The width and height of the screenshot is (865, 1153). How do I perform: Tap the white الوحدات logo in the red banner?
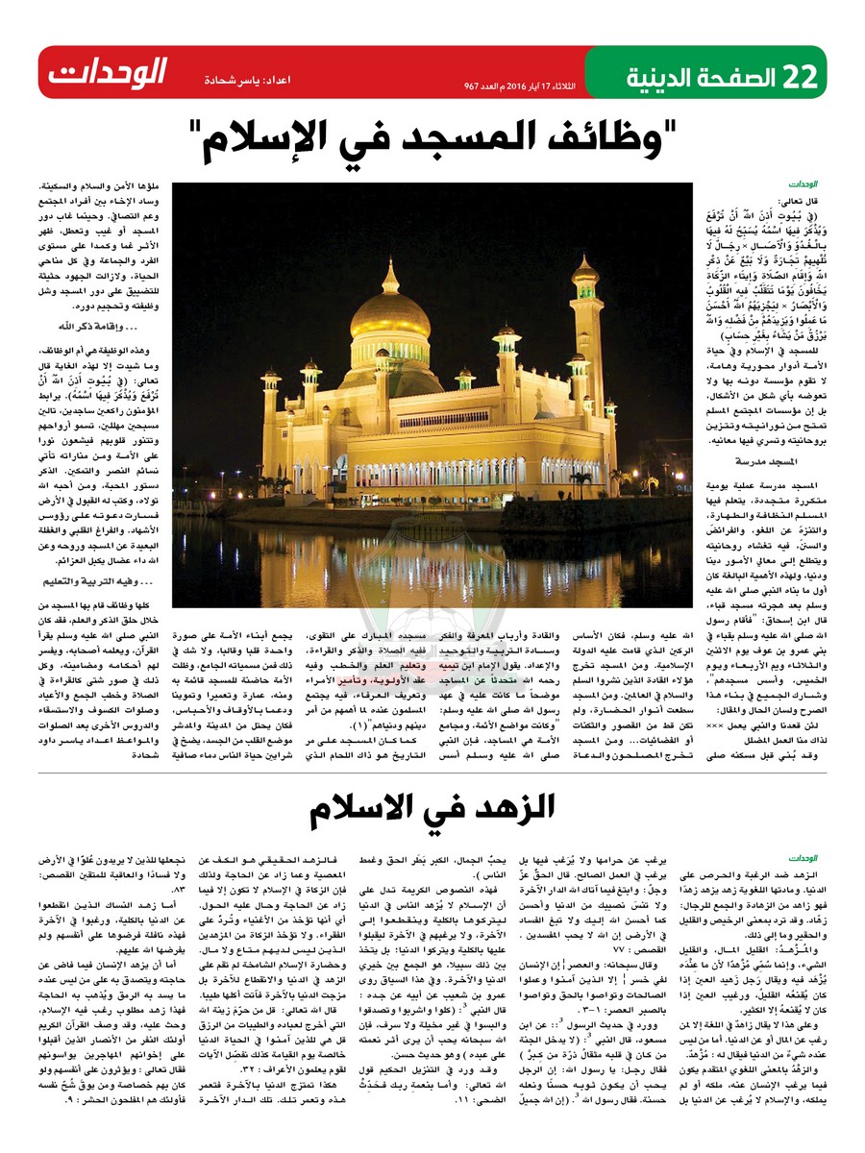tap(108, 72)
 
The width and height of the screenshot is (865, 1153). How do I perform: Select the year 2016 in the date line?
tap(535, 86)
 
